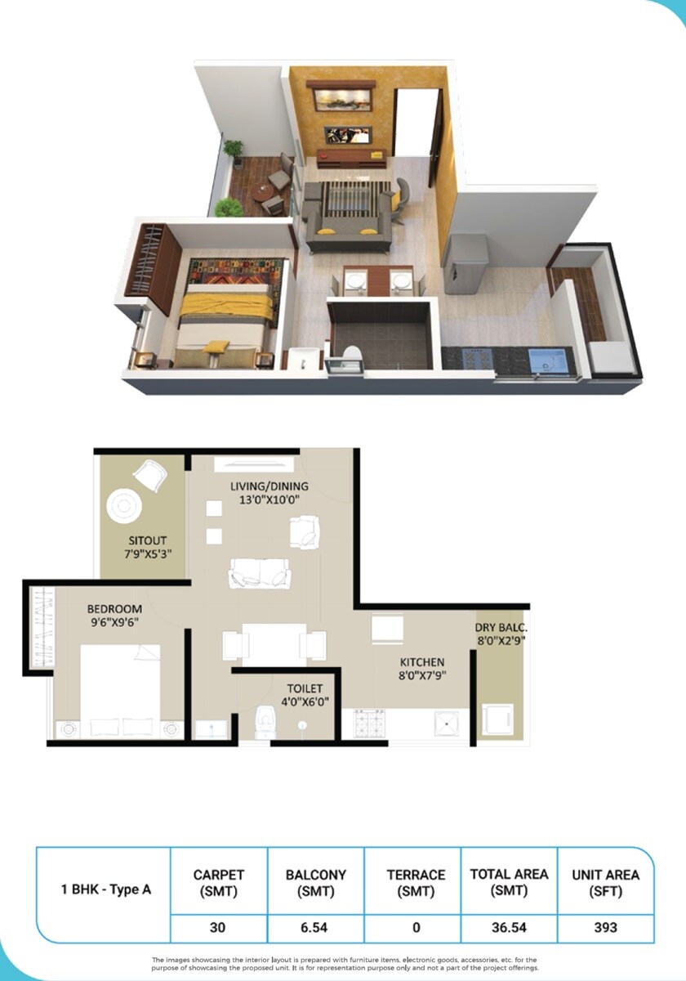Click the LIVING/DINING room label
coord(269,487)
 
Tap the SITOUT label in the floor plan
coord(149,540)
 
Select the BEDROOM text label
coord(114,608)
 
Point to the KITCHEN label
coord(421,661)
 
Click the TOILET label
coord(305,688)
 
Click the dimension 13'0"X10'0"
coord(269,500)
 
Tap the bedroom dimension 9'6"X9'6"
coord(114,620)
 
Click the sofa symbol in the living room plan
coord(261,572)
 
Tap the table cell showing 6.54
coord(315,927)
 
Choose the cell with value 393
coord(605,927)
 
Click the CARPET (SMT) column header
coord(218,882)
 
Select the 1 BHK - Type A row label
coord(106,889)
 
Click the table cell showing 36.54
coord(509,927)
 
